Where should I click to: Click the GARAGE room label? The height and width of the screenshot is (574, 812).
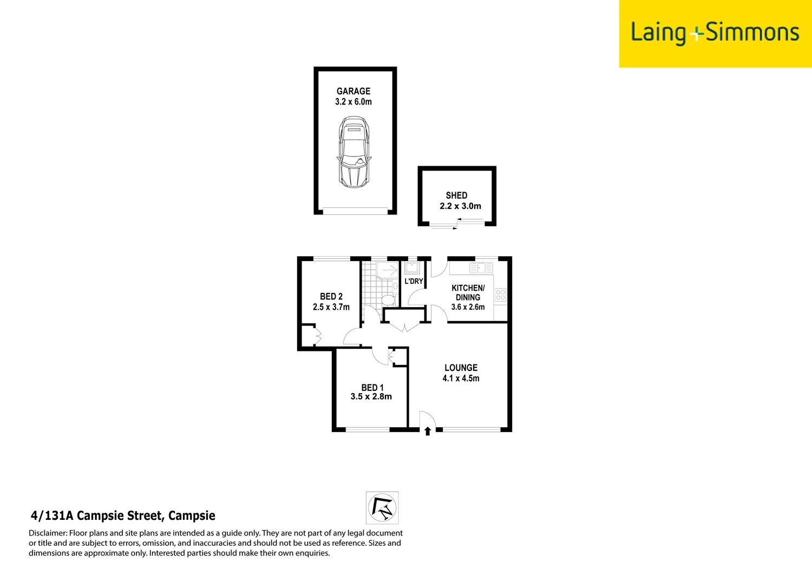tap(353, 91)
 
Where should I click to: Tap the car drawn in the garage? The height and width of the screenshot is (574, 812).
tap(354, 152)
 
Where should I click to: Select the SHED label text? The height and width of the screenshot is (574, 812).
tap(456, 195)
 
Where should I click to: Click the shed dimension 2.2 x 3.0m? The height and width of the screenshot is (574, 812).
tap(460, 206)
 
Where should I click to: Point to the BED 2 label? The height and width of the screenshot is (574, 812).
tap(331, 297)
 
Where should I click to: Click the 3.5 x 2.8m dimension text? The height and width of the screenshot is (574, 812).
tap(371, 397)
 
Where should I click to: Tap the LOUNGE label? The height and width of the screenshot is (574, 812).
tap(461, 368)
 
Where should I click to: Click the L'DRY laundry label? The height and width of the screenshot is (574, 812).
tap(414, 281)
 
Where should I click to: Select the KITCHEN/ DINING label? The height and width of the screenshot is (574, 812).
tap(468, 292)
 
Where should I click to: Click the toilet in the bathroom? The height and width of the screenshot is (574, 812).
tap(388, 299)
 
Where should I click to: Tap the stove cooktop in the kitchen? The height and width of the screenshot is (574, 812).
tap(500, 295)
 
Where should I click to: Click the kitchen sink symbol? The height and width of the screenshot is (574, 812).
tap(481, 268)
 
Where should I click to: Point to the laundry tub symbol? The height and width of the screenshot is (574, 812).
tap(412, 268)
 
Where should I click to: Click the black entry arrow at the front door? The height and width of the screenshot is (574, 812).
tap(428, 431)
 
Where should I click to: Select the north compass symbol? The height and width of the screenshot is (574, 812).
tap(382, 508)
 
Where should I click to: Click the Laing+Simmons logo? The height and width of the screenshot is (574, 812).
tap(715, 33)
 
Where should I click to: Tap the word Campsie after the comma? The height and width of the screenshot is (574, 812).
tap(192, 516)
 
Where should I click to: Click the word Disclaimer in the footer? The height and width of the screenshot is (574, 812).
tap(48, 533)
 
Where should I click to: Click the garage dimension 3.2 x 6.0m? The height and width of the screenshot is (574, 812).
tap(353, 102)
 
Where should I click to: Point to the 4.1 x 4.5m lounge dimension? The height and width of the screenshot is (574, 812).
tap(461, 379)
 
